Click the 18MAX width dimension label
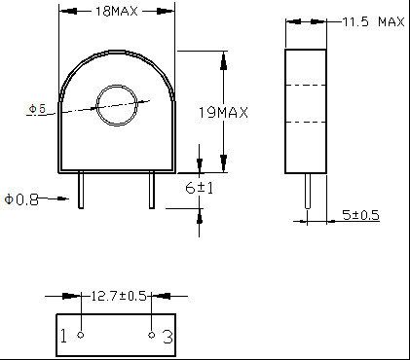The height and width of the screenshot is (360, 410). point(116,12)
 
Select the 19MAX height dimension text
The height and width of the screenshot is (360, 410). point(223,113)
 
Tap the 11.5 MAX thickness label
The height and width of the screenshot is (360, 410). point(373,22)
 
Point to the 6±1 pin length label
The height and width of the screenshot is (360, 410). point(200,188)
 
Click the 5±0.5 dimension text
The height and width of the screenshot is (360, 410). point(360,215)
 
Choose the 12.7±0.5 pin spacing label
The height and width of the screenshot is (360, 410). point(119,296)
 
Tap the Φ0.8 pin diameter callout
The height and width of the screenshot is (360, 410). point(21,199)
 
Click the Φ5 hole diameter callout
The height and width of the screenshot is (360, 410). point(37,109)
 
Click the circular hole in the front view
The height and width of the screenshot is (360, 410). point(117,105)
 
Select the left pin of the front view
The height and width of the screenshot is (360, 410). point(81,191)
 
